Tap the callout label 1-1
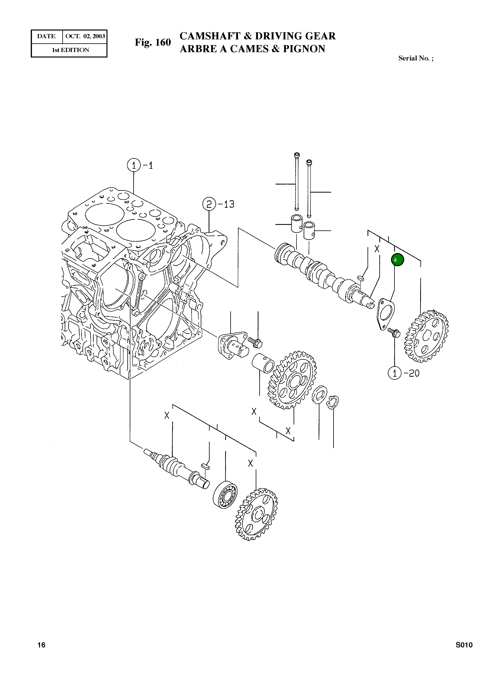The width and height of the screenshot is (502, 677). pos(140,165)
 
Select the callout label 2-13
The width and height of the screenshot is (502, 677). pos(218,204)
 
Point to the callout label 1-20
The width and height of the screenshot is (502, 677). pos(404,373)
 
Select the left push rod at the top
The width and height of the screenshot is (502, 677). pos(297,182)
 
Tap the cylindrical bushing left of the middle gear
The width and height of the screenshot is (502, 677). pos(263,363)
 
